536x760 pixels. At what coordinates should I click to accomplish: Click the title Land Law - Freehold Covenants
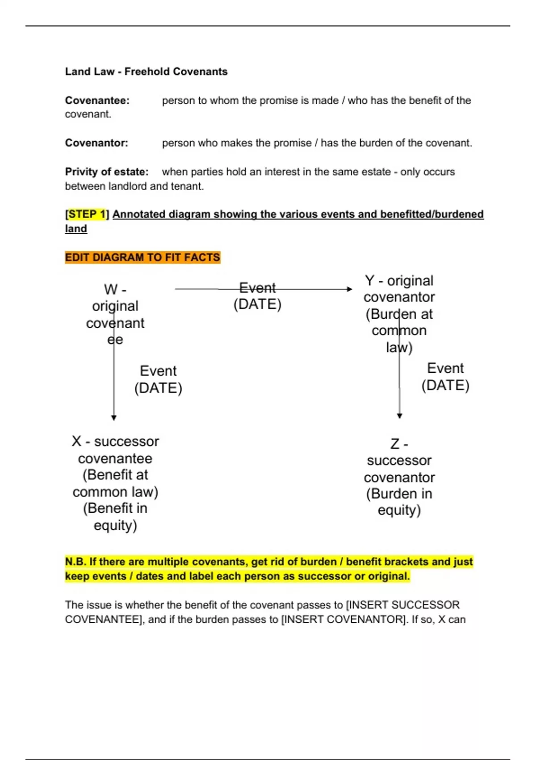[146, 72]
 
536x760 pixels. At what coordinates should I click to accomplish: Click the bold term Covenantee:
[97, 101]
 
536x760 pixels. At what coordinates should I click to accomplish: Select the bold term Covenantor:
[96, 143]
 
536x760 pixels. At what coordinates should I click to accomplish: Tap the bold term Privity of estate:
[107, 172]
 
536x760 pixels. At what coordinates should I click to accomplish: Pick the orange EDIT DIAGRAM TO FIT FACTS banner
[142, 258]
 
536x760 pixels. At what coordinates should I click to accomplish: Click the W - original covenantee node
[115, 314]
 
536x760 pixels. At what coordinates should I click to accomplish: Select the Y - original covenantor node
[399, 314]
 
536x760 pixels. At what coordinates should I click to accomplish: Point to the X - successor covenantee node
[115, 483]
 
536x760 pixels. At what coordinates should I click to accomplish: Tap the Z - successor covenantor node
[399, 477]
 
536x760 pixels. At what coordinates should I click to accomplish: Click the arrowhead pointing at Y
[350, 289]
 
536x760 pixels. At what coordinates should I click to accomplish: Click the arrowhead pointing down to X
[114, 418]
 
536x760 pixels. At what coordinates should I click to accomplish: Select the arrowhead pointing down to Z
[399, 416]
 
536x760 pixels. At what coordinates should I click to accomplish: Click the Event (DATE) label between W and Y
[257, 296]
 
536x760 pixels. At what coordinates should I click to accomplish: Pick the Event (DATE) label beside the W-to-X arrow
[158, 379]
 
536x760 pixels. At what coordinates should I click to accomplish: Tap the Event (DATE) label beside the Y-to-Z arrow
[445, 376]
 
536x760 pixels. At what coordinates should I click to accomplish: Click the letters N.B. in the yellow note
[75, 562]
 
